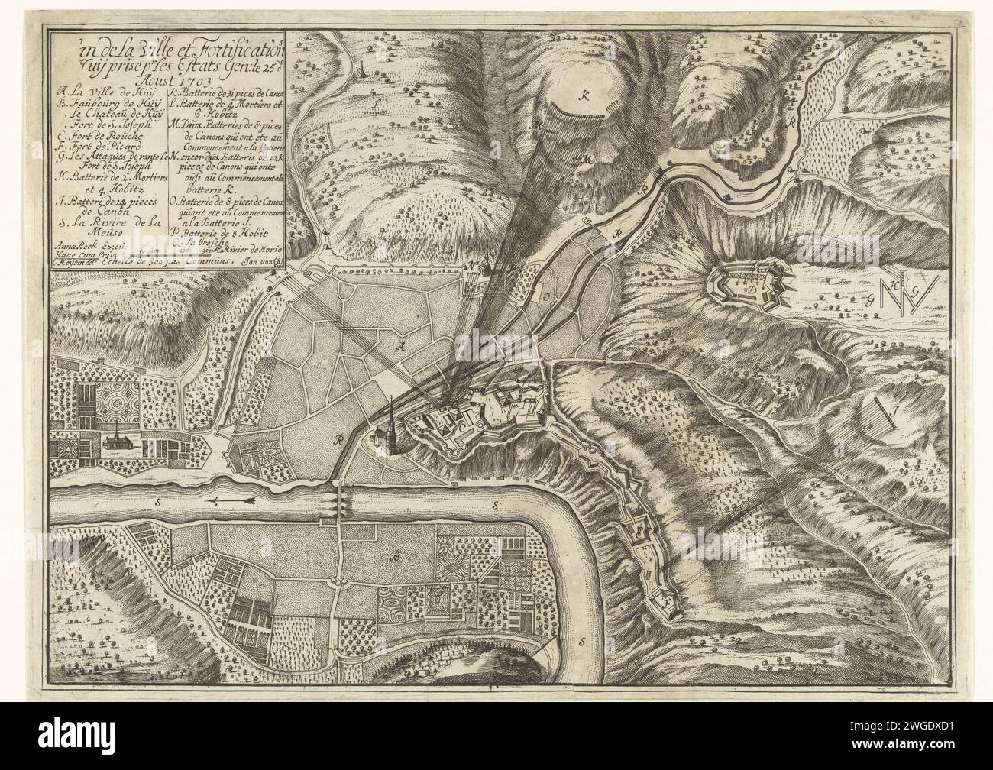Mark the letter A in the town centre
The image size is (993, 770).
click(x=397, y=345)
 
